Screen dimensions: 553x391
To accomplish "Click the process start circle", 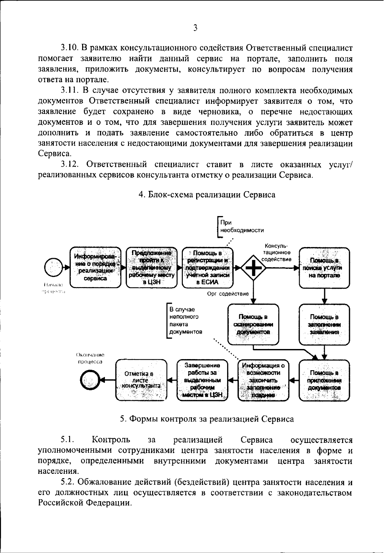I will (53, 267).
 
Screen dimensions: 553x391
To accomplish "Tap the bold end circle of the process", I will (90, 380).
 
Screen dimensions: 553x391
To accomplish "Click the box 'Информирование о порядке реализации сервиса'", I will (95, 267).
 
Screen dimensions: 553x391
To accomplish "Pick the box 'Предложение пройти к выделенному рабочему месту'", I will (152, 267).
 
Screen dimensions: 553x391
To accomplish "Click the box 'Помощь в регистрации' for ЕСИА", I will (208, 267).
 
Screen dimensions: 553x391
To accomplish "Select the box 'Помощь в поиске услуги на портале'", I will (324, 268).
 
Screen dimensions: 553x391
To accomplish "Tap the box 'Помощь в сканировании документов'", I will (253, 324).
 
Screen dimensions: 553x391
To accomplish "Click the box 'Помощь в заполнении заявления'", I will (324, 324).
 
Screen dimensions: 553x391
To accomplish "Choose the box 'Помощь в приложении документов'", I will (324, 380).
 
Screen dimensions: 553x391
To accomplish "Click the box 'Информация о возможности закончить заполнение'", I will (263, 380).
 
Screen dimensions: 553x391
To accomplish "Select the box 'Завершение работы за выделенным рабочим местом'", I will (202, 380).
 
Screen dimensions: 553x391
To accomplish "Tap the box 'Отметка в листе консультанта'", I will (141, 380).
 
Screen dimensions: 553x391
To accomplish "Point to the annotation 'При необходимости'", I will (241, 226).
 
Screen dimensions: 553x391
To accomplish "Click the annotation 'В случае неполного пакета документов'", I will (186, 321).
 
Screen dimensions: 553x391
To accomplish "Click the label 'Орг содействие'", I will (228, 294).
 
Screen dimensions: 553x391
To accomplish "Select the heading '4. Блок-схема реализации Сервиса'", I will (207, 195).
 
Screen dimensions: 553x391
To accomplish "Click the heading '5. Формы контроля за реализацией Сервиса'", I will (207, 419).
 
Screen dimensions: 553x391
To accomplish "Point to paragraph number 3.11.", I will (70, 90).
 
